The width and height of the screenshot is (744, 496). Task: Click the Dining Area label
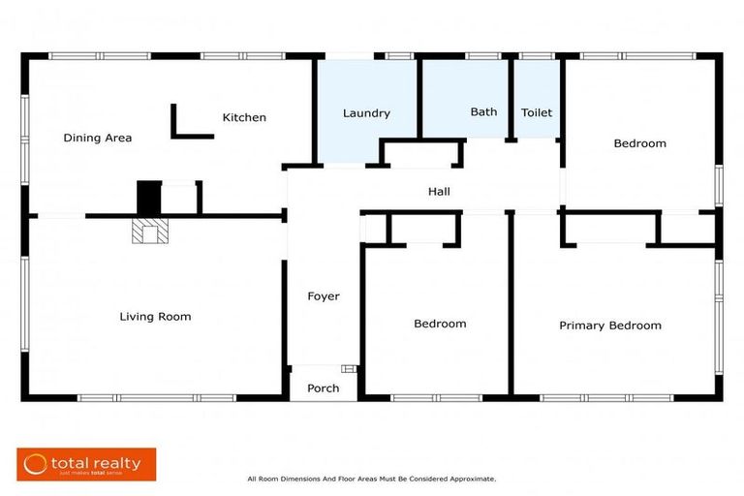(x=97, y=138)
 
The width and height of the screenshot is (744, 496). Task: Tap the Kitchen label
(x=244, y=117)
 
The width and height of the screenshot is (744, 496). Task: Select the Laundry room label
(x=366, y=113)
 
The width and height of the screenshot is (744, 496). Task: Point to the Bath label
(x=483, y=112)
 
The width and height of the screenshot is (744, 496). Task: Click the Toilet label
(x=537, y=112)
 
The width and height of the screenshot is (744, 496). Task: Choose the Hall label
(x=439, y=192)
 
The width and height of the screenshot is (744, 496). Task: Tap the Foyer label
(x=324, y=295)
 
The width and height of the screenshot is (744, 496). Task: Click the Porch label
(x=324, y=388)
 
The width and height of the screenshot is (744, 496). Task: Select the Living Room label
(x=155, y=316)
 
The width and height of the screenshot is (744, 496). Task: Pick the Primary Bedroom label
(x=610, y=325)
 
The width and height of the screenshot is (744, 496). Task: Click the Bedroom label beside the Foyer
(x=440, y=324)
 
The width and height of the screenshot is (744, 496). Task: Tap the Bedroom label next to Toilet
(x=639, y=143)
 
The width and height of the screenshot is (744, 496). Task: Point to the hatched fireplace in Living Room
(x=149, y=232)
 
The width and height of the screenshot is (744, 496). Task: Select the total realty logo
(x=86, y=464)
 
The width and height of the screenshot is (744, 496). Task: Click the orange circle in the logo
(x=36, y=464)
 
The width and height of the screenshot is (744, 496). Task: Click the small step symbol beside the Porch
(x=349, y=368)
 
